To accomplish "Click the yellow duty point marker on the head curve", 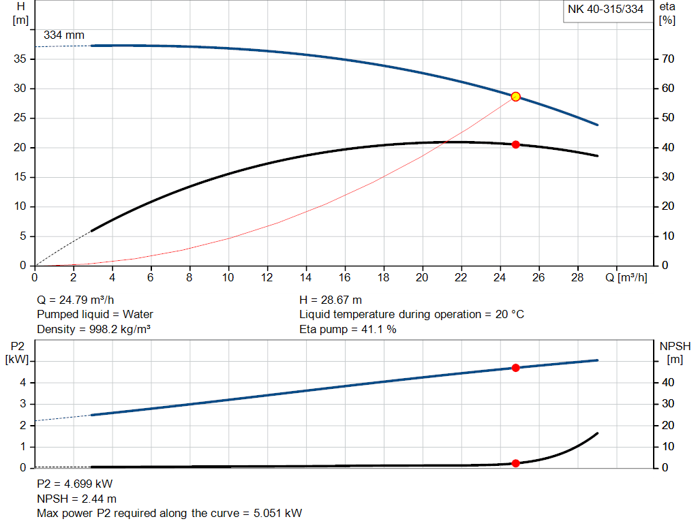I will [516, 97].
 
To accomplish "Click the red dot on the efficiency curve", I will [516, 144].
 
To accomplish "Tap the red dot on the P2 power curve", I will [516, 368].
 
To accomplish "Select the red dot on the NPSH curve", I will [516, 463].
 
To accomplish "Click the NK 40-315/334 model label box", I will [605, 10].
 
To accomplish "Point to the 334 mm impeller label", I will [64, 35].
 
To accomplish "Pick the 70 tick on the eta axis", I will [667, 59].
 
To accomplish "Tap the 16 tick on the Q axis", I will [345, 278].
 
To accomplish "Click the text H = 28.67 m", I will [331, 300].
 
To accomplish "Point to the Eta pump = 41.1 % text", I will [348, 330].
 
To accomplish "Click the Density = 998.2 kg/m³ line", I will [93, 330].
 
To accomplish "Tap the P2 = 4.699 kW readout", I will [74, 484].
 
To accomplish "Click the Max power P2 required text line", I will [169, 514].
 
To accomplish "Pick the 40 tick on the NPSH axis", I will [667, 383].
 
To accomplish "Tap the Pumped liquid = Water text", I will [95, 315].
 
